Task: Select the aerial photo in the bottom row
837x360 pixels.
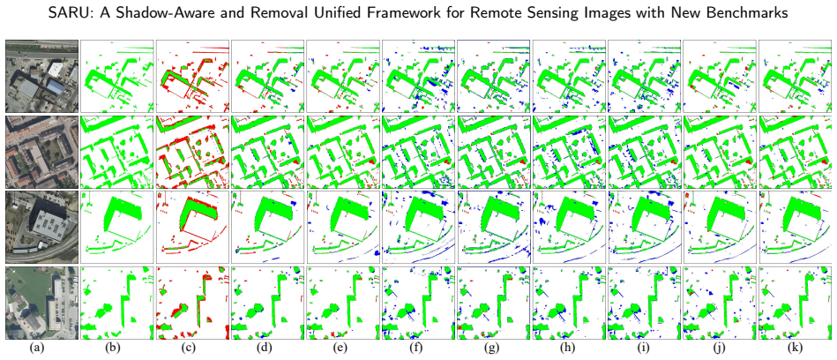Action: [41, 303]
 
